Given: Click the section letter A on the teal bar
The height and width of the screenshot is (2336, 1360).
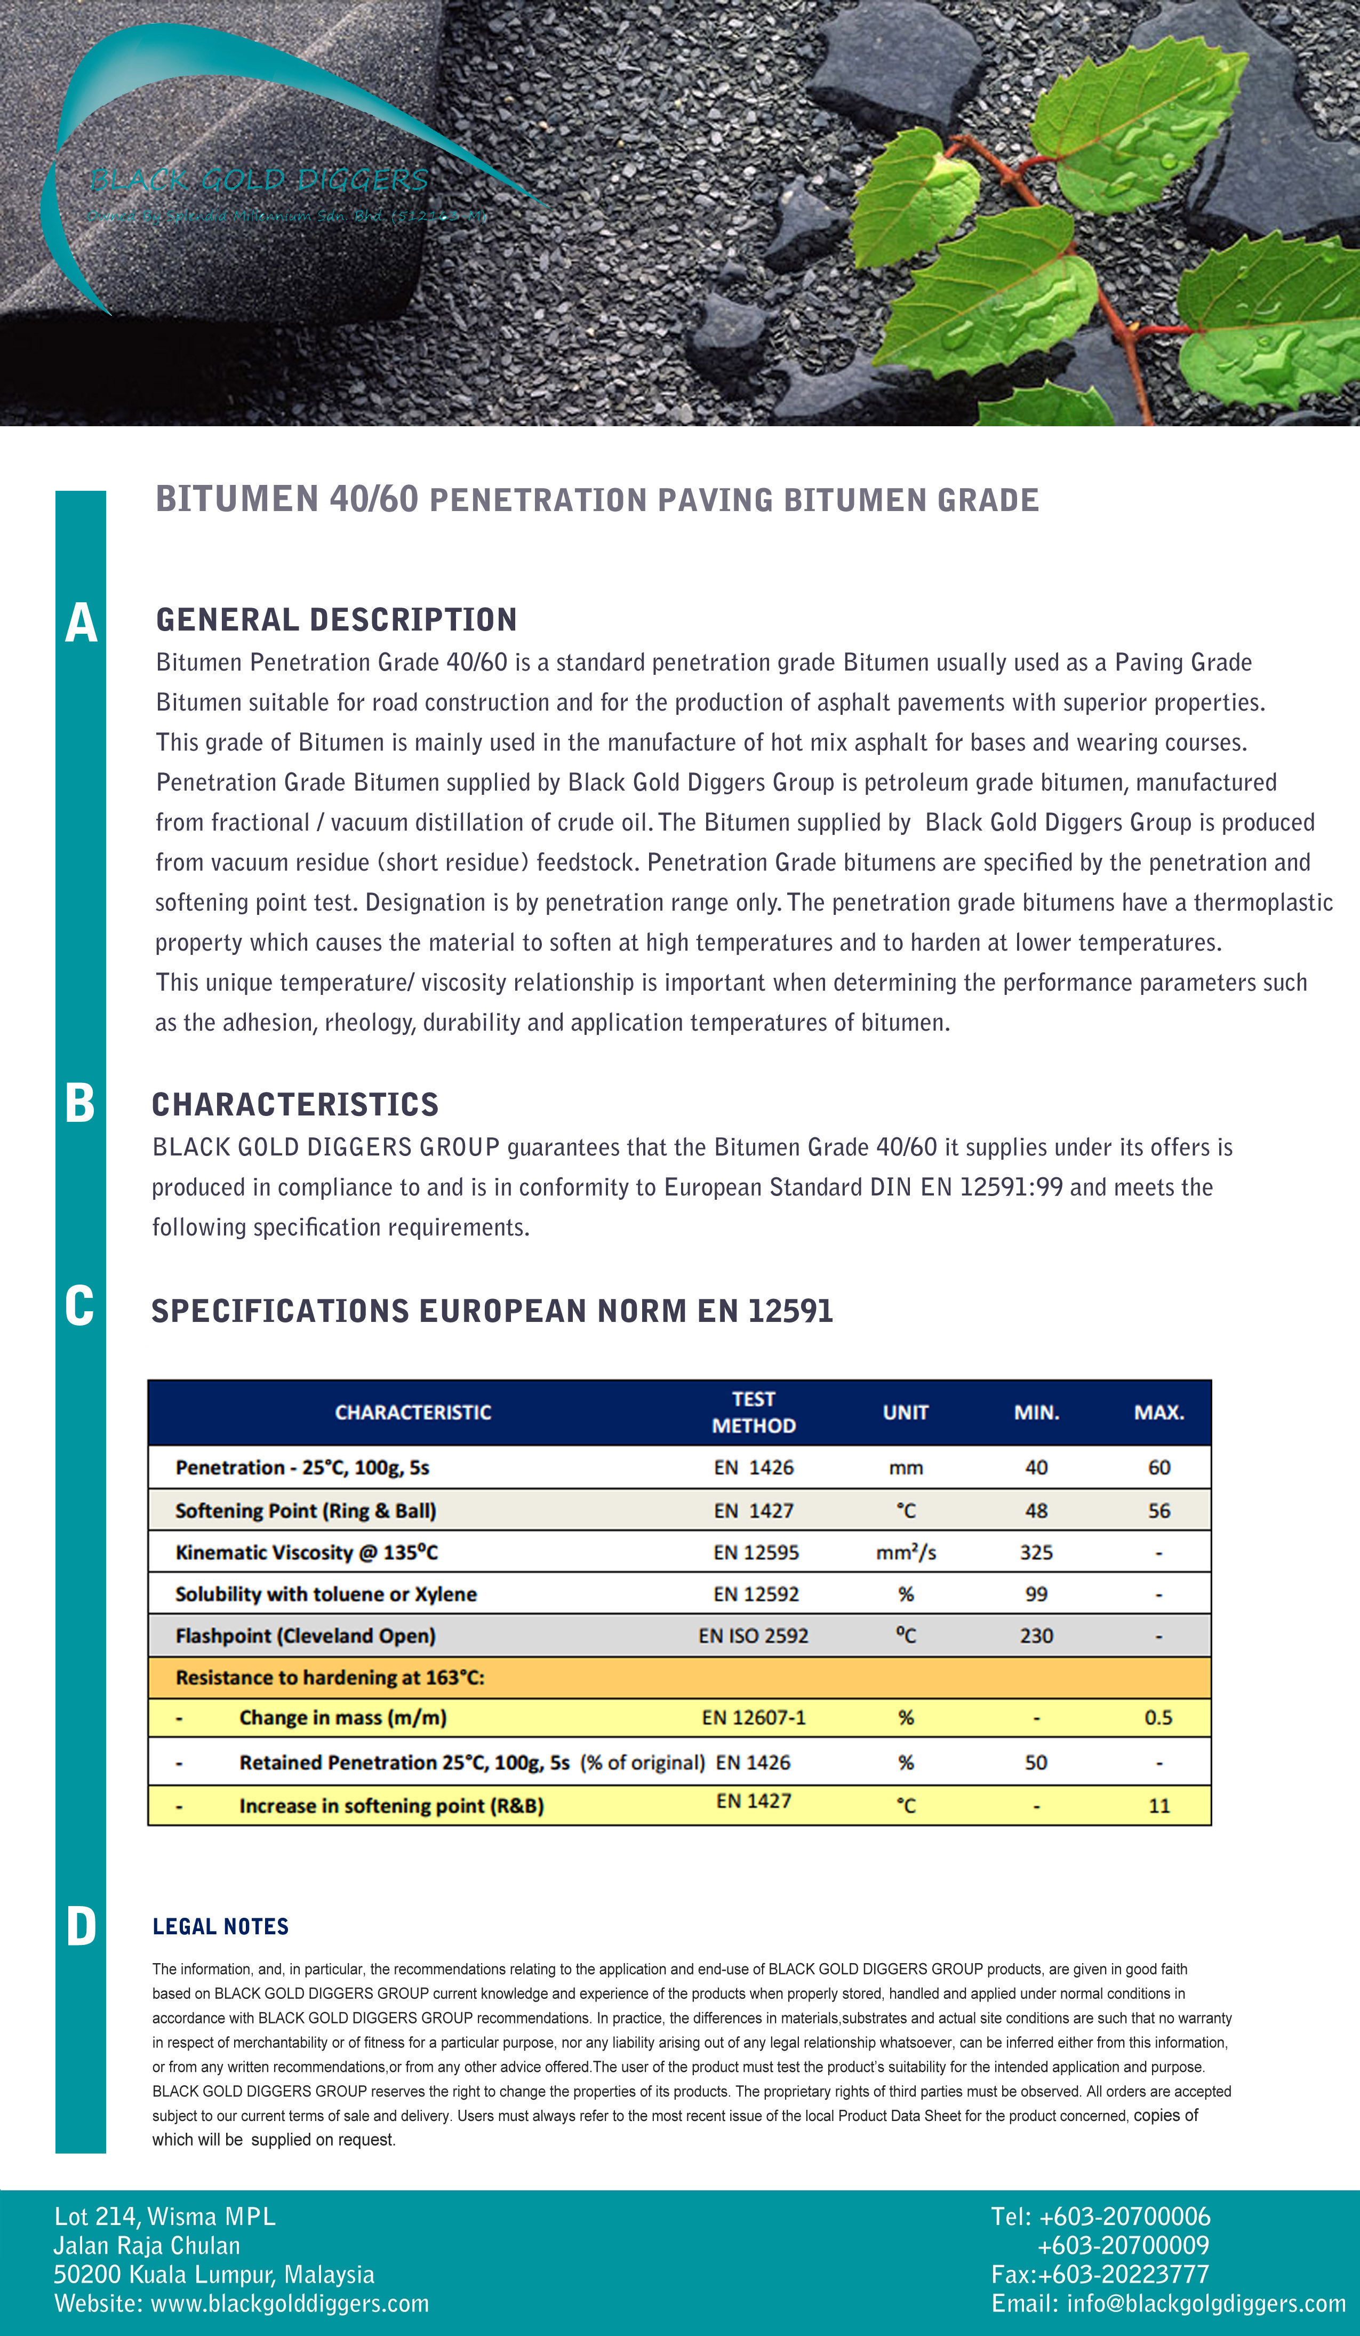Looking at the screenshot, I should pos(81,623).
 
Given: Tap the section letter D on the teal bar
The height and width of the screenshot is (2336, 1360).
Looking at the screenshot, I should pos(81,1926).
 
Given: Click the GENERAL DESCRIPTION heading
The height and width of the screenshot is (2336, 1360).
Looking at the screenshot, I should pos(335,619).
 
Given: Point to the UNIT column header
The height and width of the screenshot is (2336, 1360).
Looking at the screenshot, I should pos(905,1412).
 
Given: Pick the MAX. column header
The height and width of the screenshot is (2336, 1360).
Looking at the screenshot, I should pos(1159,1412).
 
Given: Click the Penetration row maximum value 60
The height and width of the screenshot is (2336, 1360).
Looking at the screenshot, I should pos(1159,1468).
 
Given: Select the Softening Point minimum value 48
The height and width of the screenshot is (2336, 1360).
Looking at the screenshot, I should pos(1036,1510).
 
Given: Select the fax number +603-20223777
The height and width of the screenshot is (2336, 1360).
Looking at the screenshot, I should pos(1124,2274).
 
